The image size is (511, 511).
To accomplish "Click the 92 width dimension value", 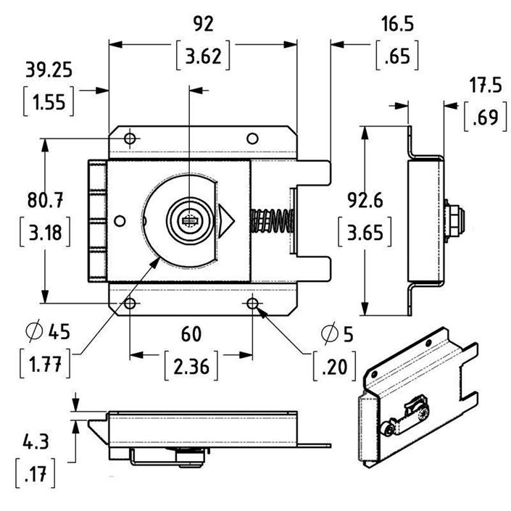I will point(204,23).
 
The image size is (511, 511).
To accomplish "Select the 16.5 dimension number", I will point(396,23).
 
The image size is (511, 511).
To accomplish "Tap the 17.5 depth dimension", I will point(484,85).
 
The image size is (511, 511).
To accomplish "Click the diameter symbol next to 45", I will point(34,333).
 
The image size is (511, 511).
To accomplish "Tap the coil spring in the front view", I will point(273,220).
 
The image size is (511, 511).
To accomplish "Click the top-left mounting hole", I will point(130,138).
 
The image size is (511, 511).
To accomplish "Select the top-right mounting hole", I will point(252,138).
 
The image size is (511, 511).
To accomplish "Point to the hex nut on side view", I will point(454,217).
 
